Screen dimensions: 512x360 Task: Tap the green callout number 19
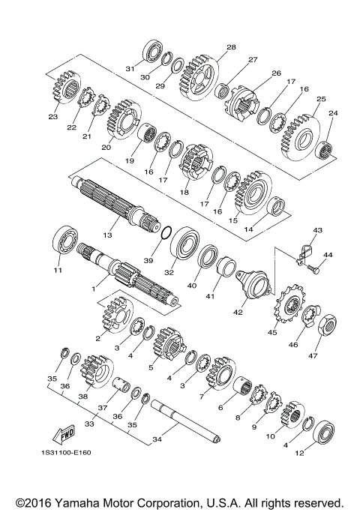pyautogui.click(x=129, y=160)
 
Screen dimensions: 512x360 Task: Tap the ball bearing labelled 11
pyautogui.click(x=64, y=241)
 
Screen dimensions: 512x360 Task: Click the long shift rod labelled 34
pyautogui.click(x=184, y=419)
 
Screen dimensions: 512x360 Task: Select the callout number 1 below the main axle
pyautogui.click(x=93, y=287)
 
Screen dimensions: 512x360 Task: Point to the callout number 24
pyautogui.click(x=332, y=113)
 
